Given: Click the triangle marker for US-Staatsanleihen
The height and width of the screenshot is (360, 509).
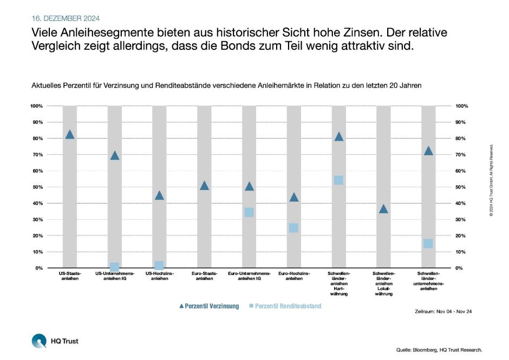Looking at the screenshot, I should coord(69,135).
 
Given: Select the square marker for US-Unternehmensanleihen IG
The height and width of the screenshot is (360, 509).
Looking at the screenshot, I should coord(114,267).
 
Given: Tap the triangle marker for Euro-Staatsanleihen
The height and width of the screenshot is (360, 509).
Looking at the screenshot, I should coord(204,186).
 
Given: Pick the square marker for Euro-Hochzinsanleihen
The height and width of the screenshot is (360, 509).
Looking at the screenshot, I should coord(293,228).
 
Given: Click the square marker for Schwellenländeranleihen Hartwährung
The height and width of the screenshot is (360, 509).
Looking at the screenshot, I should coord(338,180).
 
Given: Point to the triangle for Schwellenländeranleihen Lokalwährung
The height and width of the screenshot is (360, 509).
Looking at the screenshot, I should coord(383,209).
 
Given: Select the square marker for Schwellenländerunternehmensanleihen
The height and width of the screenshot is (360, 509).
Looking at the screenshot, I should coord(428,244).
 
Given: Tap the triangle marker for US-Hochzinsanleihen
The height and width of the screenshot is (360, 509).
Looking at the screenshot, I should coord(159,195).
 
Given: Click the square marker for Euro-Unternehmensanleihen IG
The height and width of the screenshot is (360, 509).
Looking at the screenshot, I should coord(249,212).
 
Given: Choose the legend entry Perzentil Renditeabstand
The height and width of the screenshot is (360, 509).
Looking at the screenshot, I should coord(285,306).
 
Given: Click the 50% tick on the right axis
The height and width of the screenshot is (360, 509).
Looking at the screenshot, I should coord(462,187).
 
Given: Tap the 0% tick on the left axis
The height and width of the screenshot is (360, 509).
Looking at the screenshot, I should coord(38,269).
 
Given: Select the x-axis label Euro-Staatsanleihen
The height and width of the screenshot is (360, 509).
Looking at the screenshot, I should coord(204,276).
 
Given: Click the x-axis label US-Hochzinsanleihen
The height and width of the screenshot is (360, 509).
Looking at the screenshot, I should coord(159,276).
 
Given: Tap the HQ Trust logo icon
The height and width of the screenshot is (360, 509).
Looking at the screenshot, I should coord(39,341).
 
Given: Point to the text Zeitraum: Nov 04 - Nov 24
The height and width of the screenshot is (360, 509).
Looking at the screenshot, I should coord(443,311).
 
